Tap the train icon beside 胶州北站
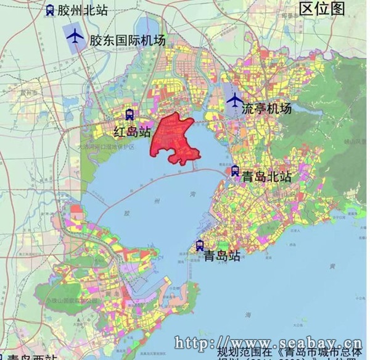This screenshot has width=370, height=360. (x=49, y=10)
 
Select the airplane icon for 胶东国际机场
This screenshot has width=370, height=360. (x=75, y=37)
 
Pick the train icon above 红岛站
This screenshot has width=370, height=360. (x=129, y=115)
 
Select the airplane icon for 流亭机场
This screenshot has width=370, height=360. (x=234, y=100)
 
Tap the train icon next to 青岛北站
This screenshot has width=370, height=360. (x=235, y=171)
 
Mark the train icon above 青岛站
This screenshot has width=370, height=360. (x=199, y=246)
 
